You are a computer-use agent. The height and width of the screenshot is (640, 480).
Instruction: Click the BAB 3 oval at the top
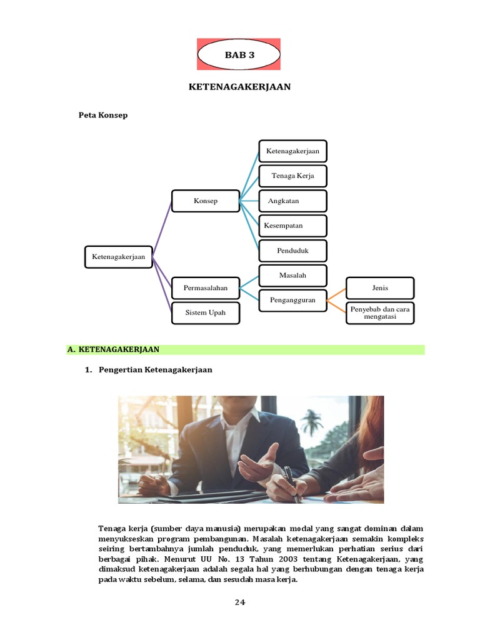tap(239, 54)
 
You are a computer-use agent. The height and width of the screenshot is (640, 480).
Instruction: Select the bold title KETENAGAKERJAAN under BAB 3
tap(239, 87)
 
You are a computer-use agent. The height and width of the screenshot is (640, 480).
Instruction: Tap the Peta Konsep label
tap(102, 115)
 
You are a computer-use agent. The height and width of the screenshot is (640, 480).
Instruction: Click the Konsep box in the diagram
tap(206, 201)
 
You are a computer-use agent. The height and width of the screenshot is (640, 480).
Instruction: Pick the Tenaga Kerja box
tap(292, 176)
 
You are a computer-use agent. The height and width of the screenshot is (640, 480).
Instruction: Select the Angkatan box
tap(292, 201)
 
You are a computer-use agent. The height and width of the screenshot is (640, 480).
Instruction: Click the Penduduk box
tap(292, 251)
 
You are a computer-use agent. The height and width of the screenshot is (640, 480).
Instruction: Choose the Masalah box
tap(292, 275)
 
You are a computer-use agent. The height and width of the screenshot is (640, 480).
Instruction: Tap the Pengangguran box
tap(292, 300)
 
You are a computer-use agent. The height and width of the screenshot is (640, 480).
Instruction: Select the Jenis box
tap(380, 287)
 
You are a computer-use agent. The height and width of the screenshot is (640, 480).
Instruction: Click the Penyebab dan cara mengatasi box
tap(380, 312)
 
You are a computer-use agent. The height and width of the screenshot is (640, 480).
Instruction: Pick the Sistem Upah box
tap(206, 312)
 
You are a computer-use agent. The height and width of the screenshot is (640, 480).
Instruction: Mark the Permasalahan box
tap(206, 288)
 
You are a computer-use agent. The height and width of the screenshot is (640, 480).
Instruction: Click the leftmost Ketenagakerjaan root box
tap(119, 256)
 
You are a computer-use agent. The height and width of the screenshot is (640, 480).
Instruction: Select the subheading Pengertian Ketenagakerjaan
tap(155, 369)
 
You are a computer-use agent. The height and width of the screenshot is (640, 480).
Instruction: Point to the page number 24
tap(240, 602)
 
